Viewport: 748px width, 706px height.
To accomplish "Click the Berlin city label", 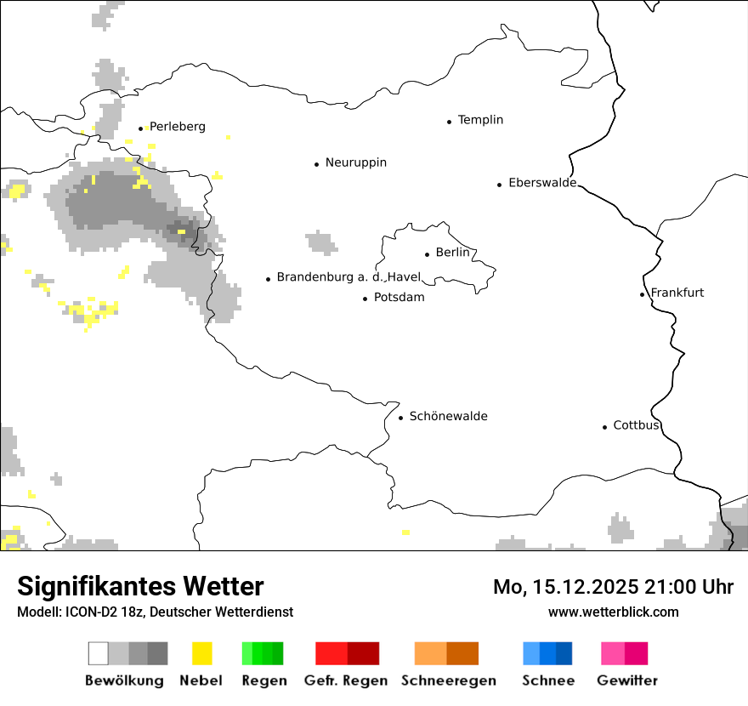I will (452, 253).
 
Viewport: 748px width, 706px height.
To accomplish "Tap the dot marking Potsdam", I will (365, 299).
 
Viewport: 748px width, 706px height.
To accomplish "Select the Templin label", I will (480, 120).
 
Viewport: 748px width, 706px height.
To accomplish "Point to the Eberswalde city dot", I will (500, 185).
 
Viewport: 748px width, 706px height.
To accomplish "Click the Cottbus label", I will (637, 425).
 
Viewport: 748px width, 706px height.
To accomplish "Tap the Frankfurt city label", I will (677, 293).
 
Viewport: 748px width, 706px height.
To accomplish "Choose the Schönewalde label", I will (448, 416).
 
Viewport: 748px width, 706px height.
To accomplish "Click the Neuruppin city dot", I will (316, 164).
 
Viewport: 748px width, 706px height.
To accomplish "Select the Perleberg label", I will (177, 127).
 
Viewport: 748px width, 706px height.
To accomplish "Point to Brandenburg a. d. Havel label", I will (348, 277).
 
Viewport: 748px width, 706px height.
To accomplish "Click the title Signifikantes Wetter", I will (140, 586).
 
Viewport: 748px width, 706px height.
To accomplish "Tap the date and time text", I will (613, 587).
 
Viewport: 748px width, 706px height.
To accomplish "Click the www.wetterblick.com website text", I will (613, 612).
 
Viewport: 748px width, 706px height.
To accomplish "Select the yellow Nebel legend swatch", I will (202, 653).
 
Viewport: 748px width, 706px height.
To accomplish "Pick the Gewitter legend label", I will (626, 680).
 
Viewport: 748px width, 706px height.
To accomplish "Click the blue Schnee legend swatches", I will (547, 653).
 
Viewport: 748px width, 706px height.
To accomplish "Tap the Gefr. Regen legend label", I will (346, 680).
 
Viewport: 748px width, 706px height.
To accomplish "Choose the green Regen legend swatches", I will (263, 653).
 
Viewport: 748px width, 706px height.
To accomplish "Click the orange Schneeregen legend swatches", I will (447, 653).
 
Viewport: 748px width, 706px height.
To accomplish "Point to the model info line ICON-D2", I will (155, 612).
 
